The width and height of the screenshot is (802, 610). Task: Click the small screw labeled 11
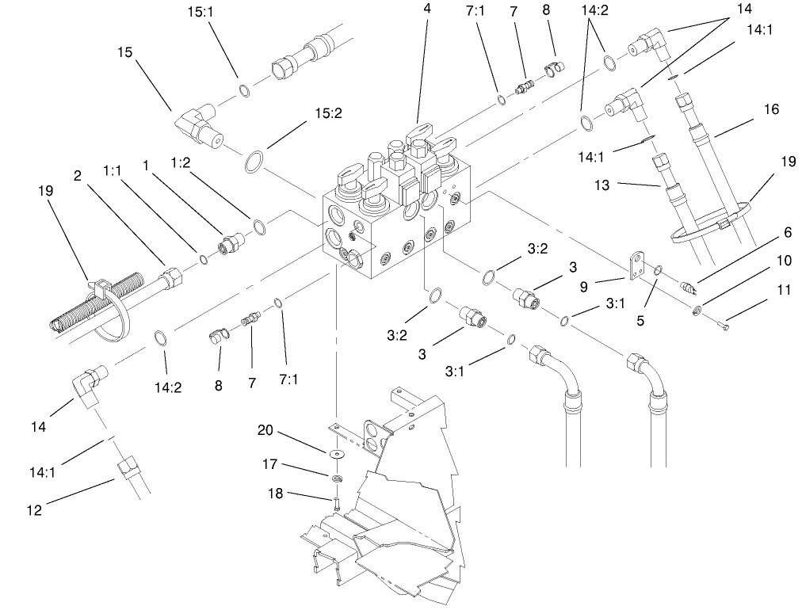727,324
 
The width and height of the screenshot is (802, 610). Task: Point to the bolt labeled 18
337,501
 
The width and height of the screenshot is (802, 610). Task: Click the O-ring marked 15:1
245,91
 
